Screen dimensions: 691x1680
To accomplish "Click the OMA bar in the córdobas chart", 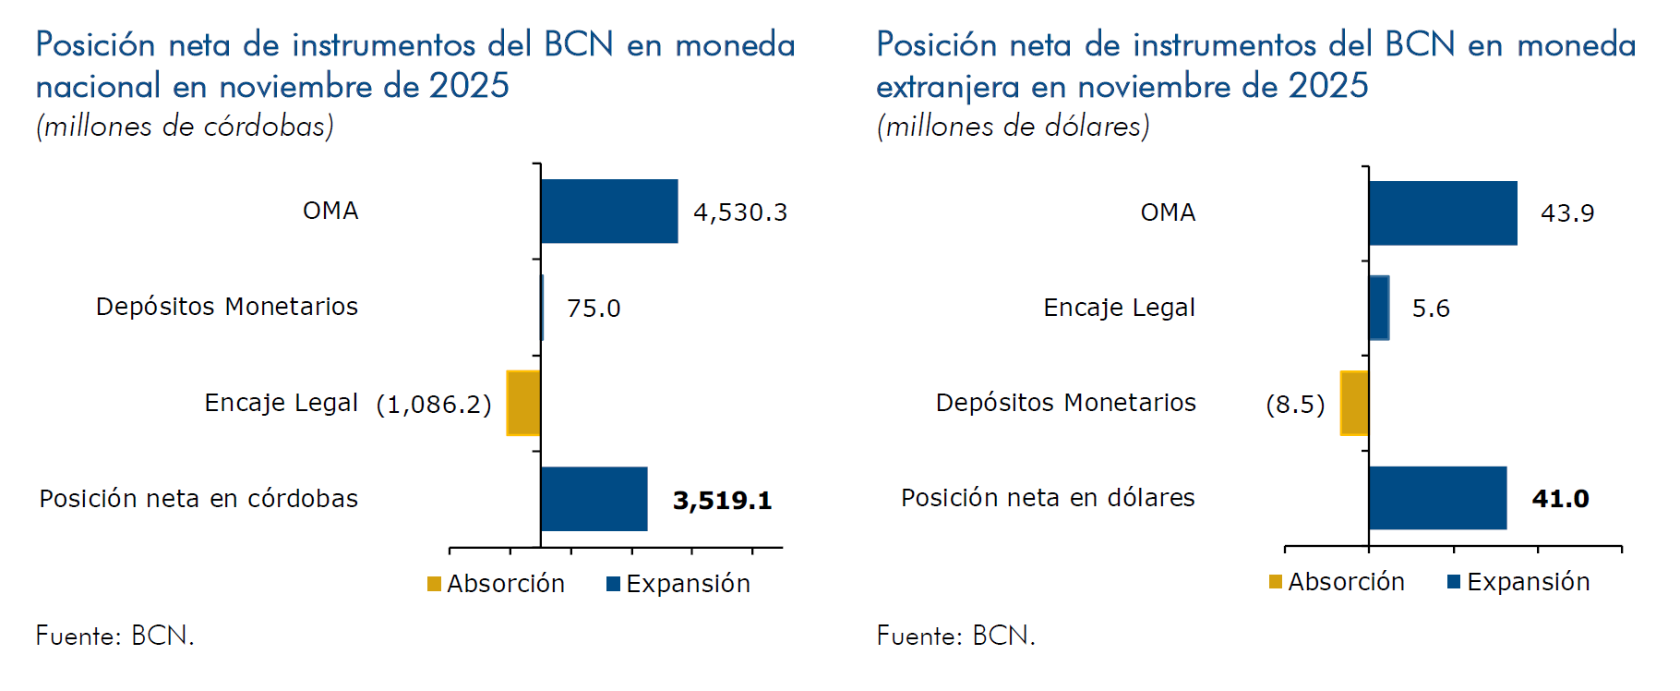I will tap(609, 212).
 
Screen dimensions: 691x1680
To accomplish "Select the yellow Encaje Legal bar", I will tap(523, 403).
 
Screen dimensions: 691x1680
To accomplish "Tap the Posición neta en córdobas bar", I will tap(594, 499).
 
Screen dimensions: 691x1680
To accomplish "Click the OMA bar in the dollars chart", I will tap(1443, 213).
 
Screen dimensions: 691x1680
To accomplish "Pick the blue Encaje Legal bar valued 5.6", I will tap(1379, 308).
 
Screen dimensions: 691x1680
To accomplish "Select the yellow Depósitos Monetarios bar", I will tap(1354, 403).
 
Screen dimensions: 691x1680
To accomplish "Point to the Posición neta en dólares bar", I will tap(1437, 498).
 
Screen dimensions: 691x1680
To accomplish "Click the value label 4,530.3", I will tap(740, 212).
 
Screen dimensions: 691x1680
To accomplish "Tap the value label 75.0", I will tap(594, 309).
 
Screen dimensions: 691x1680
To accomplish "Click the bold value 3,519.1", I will tap(722, 501).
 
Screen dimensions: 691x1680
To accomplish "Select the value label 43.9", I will tap(1567, 213).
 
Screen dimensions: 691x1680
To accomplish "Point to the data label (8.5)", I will tap(1295, 405).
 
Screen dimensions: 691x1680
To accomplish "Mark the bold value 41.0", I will tap(1560, 499).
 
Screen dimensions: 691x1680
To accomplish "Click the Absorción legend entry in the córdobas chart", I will tap(497, 584).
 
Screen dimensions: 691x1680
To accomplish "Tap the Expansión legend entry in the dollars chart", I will tap(1518, 582).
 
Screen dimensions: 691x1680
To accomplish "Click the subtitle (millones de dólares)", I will tap(1013, 127).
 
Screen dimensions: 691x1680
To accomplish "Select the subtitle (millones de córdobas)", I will tap(185, 127).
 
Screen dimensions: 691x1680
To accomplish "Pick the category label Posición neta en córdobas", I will tap(198, 499).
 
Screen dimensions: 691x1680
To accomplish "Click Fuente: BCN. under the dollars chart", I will tap(955, 636).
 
